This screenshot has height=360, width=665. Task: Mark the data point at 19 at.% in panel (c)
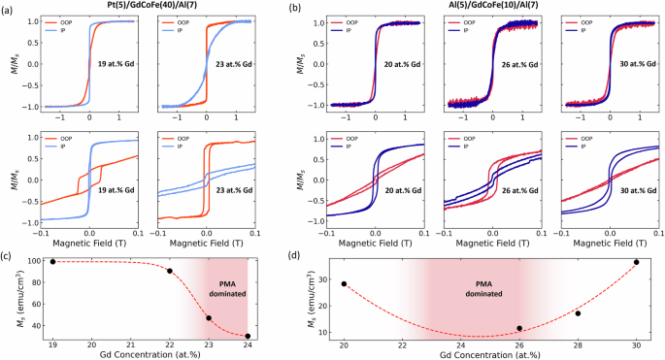(x=52, y=261)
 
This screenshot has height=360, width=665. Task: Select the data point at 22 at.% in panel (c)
(x=170, y=271)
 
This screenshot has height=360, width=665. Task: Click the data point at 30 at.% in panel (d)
(x=636, y=262)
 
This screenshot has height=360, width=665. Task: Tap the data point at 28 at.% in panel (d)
(x=578, y=312)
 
